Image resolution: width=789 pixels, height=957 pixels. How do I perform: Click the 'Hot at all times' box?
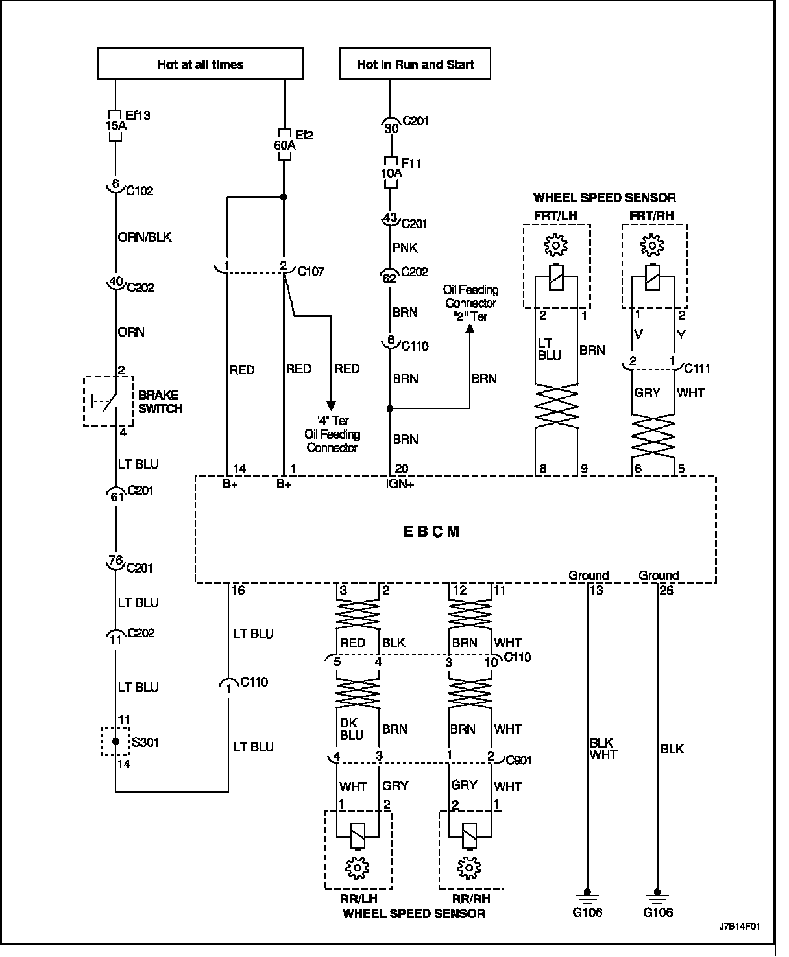200,64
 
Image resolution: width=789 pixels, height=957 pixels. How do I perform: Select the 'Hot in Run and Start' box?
415,64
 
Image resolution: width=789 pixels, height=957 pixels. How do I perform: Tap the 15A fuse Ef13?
115,121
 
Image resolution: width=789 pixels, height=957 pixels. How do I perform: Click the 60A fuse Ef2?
284,141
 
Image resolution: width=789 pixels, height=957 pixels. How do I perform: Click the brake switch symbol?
108,401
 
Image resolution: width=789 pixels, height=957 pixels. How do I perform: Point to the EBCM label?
431,532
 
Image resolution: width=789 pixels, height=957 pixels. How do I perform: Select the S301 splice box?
115,741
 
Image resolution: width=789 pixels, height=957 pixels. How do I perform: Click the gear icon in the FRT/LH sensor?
555,246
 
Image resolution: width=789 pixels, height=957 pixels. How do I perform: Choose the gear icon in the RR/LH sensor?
357,867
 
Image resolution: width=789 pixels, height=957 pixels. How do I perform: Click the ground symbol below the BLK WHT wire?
587,897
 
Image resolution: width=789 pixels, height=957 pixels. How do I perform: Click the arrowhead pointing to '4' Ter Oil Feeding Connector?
330,405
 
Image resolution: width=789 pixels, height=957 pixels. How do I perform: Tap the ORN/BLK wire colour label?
145,237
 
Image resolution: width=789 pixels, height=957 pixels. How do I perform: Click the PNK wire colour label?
405,248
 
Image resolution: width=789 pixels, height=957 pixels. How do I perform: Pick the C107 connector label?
311,271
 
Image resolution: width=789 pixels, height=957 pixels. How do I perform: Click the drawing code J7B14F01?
739,926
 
